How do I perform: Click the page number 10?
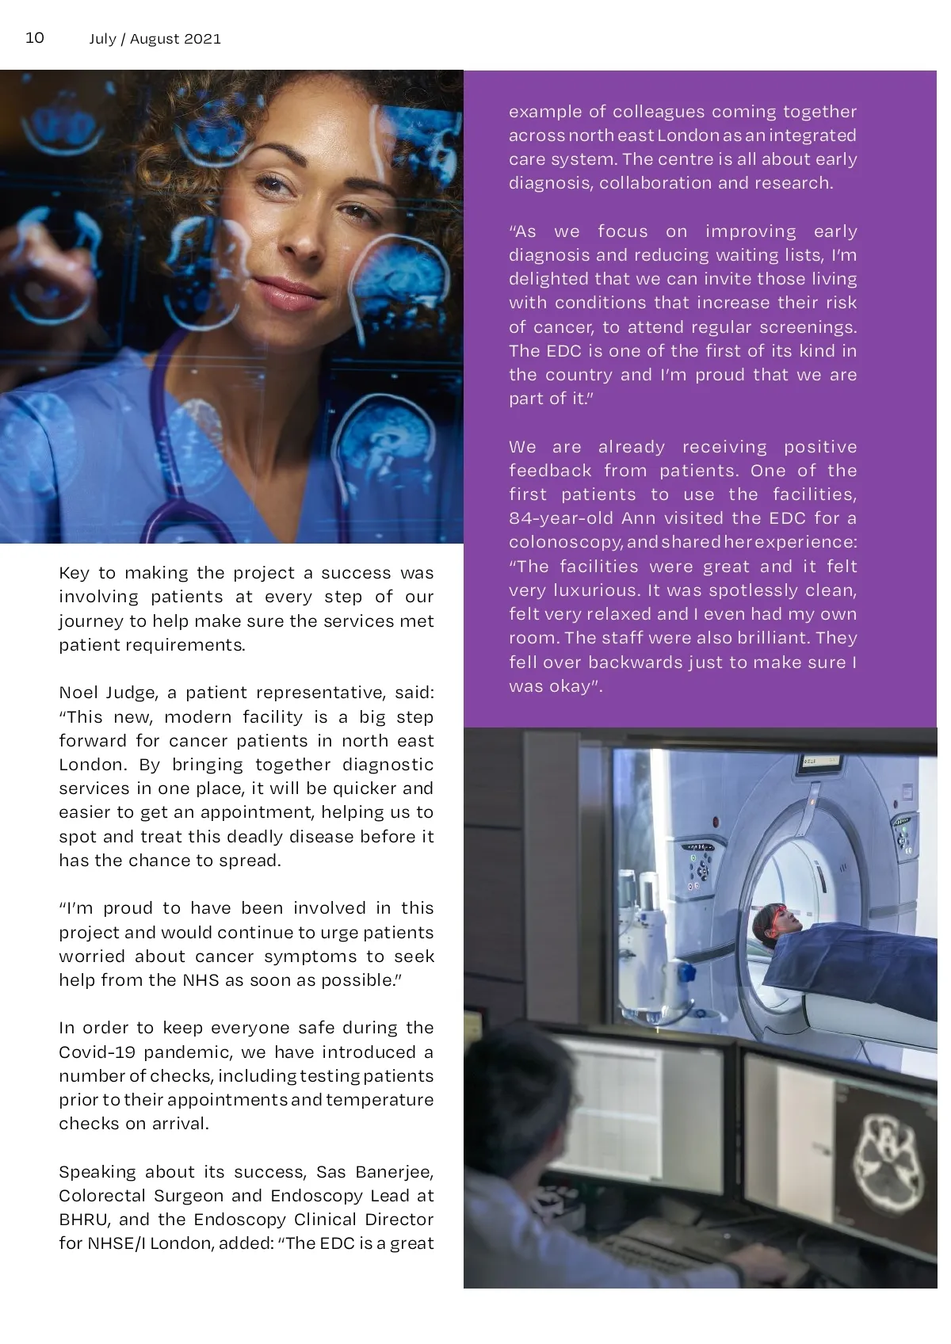(35, 38)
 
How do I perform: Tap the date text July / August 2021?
(155, 39)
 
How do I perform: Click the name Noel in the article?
(78, 693)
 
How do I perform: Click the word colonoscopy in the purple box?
(565, 542)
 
